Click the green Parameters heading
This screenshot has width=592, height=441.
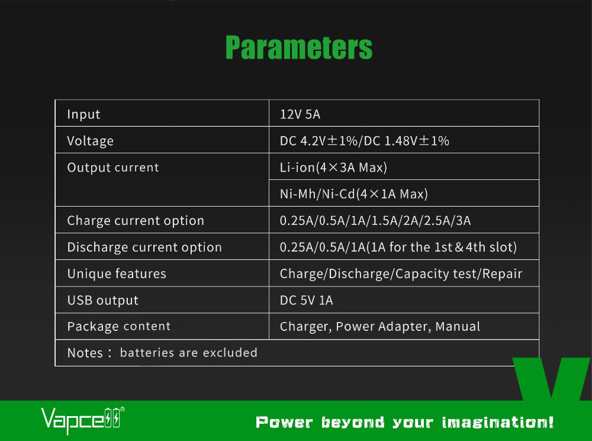(x=299, y=47)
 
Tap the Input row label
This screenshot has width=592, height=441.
(x=83, y=114)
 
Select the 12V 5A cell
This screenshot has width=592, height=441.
(x=300, y=114)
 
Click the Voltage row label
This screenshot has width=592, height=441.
(x=90, y=141)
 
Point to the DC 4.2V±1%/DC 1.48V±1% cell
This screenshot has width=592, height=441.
(x=365, y=141)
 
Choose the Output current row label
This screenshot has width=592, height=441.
(x=113, y=168)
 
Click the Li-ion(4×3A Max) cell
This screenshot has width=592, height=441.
(x=333, y=168)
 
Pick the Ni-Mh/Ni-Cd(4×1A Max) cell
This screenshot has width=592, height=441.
(x=353, y=194)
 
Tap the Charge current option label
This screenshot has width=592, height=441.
(x=136, y=221)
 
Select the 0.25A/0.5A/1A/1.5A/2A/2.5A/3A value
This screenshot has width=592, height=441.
(x=375, y=221)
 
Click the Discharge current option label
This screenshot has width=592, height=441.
(x=144, y=247)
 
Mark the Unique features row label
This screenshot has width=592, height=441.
(x=117, y=274)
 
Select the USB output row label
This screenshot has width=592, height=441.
(x=102, y=301)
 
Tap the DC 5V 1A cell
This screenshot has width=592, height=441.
(x=306, y=301)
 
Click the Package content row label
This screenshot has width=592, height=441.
(x=118, y=327)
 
